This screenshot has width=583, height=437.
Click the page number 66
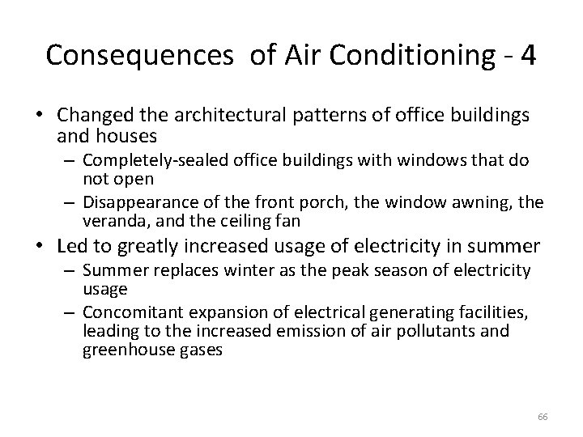[x=543, y=416]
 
